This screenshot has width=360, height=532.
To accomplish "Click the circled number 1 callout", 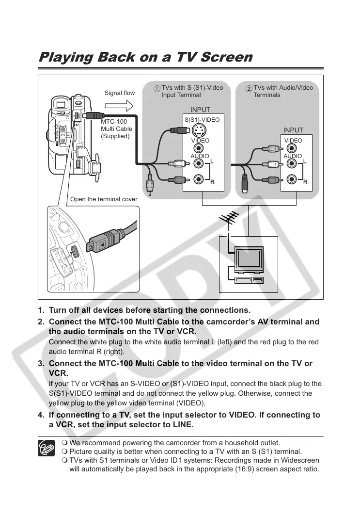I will coord(157,89).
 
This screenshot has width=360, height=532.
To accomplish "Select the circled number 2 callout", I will coord(249,89).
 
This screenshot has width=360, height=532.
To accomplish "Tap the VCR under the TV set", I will coord(249,280).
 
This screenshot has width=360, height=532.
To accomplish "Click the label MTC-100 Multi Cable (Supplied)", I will coord(116,129).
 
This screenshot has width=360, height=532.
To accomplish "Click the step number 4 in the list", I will coord(41,415).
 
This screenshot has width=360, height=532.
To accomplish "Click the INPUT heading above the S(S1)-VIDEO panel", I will coord(200,110).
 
